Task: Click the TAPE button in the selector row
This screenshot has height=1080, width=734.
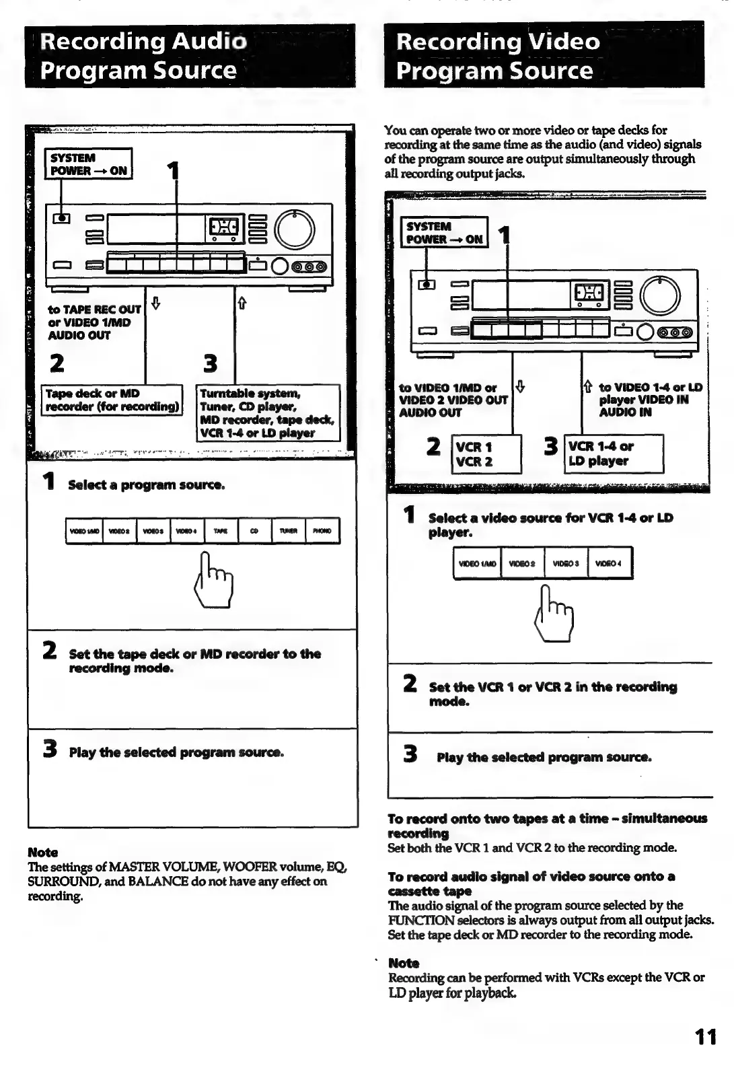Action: (x=221, y=531)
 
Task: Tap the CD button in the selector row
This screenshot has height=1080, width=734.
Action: (x=254, y=531)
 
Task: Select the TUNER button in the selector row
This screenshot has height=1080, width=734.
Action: (x=289, y=531)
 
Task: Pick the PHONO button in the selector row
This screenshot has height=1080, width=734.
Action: (x=322, y=531)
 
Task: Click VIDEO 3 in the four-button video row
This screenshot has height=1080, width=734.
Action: (x=565, y=564)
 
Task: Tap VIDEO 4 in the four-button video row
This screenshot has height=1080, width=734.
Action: (x=610, y=564)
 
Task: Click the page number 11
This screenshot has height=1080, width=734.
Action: (x=706, y=1037)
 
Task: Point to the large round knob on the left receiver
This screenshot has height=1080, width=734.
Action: (x=294, y=229)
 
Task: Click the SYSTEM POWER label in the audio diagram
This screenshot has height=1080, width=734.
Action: (x=88, y=164)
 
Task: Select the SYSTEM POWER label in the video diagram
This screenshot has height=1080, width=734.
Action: (x=444, y=233)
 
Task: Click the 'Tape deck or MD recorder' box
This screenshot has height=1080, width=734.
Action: (x=112, y=400)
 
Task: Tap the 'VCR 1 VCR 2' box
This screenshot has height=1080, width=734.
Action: (x=486, y=454)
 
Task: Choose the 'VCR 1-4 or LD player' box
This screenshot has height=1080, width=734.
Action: (x=614, y=454)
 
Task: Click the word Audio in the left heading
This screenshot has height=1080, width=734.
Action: (x=209, y=42)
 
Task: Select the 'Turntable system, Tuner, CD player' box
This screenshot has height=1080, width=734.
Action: (x=268, y=412)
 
